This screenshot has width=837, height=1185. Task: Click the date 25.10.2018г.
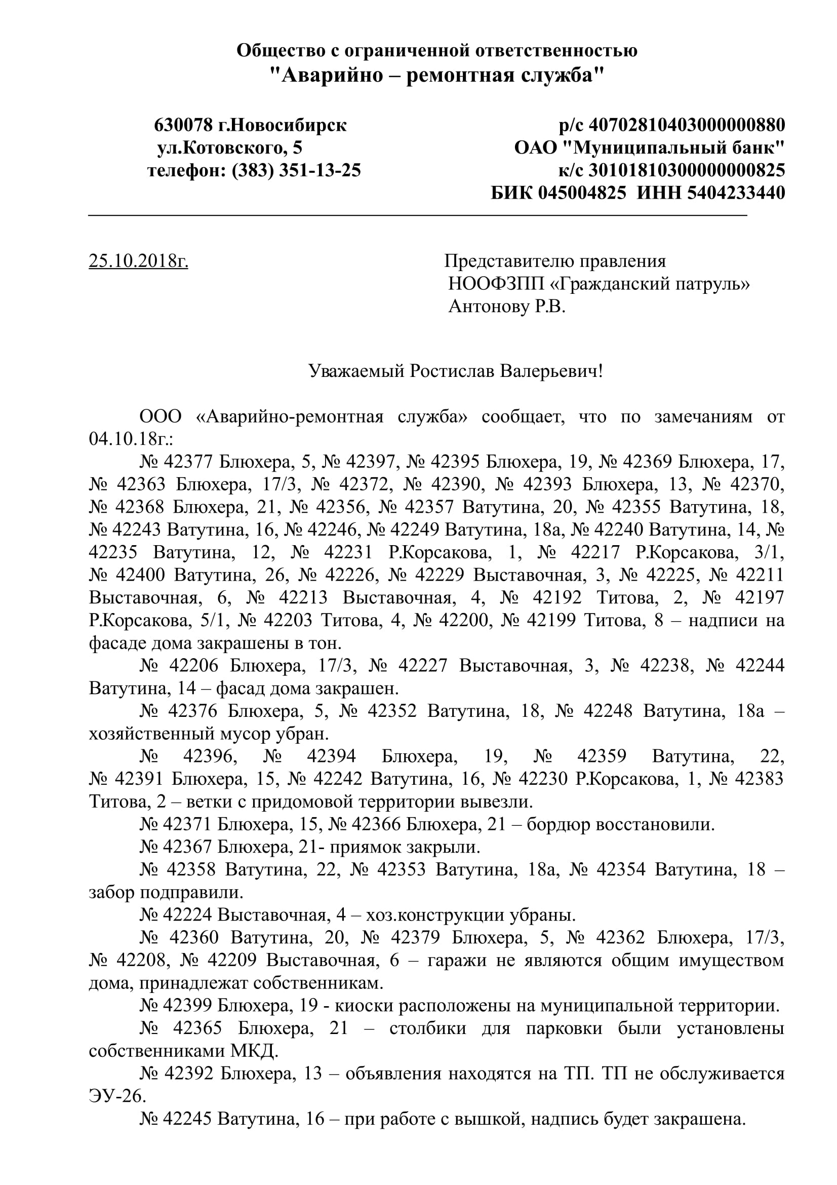[138, 261]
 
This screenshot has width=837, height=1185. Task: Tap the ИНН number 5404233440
[736, 193]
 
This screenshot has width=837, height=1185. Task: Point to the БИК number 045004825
[582, 193]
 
